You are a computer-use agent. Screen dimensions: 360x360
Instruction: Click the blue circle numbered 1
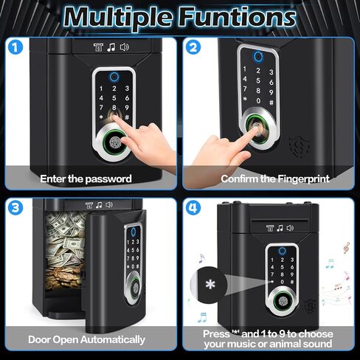(x=15, y=47)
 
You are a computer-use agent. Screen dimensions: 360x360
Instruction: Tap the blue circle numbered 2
(x=193, y=47)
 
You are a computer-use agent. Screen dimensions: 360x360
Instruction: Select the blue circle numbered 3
(x=15, y=207)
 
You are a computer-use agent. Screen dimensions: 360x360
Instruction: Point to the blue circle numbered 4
(x=193, y=207)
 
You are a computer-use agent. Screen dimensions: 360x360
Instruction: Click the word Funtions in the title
(x=237, y=17)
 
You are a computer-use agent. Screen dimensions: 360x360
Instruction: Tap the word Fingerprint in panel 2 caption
(x=303, y=179)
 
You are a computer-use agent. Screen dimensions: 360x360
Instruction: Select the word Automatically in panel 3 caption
(x=113, y=340)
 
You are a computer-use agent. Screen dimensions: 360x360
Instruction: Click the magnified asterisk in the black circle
(x=210, y=285)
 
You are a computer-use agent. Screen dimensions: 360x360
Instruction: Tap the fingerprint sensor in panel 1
(x=114, y=142)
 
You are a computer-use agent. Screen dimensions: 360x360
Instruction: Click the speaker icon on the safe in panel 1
(x=124, y=47)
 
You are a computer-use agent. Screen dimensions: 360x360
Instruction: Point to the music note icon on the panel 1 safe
(x=111, y=47)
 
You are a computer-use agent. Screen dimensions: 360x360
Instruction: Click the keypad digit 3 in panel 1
(x=127, y=88)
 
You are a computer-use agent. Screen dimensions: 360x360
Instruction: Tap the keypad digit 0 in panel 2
(x=258, y=100)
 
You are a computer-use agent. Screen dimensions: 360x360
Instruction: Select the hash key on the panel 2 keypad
(x=271, y=103)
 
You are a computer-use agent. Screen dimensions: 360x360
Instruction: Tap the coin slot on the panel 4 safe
(x=280, y=221)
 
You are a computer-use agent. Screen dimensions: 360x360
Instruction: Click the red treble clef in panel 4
(x=346, y=248)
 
